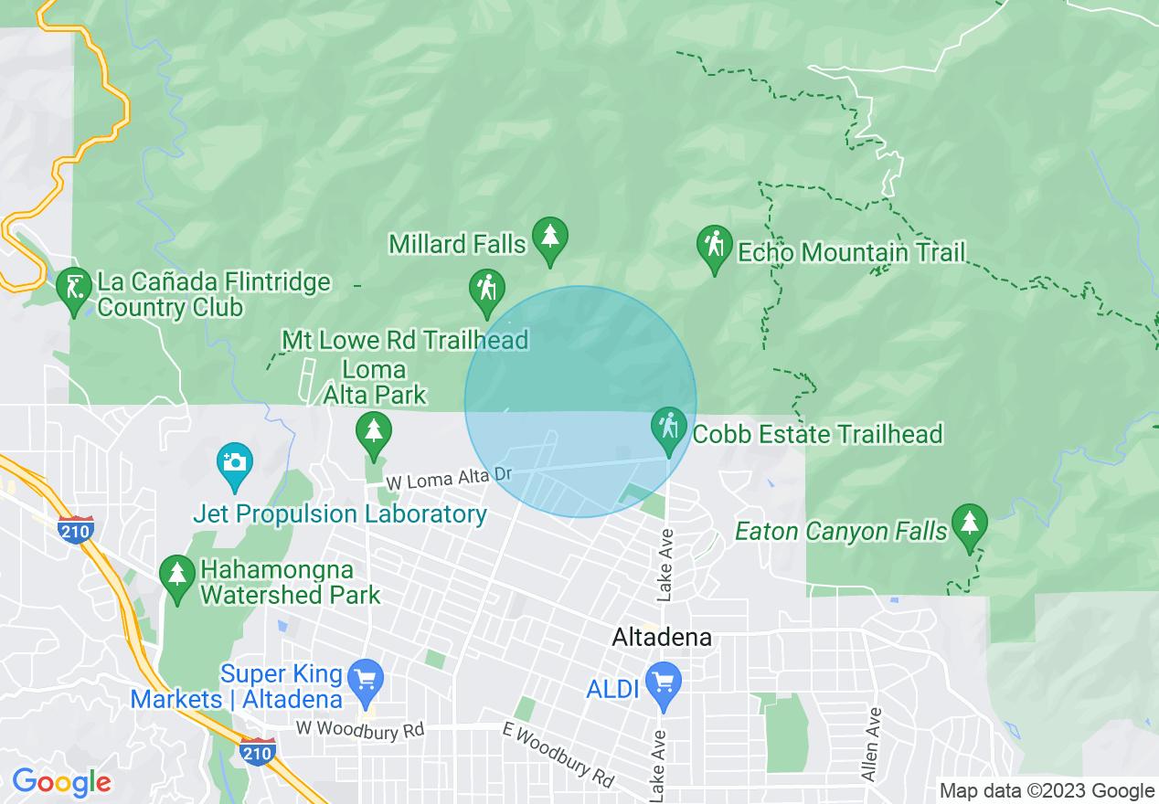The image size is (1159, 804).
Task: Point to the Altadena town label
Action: click(663, 638)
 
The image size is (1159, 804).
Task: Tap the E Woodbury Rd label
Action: click(558, 755)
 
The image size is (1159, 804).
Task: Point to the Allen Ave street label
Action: click(871, 744)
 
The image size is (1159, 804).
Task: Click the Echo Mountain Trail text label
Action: click(851, 253)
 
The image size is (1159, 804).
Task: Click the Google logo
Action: click(61, 783)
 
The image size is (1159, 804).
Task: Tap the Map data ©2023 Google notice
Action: click(1047, 791)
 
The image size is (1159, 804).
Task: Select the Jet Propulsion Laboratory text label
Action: click(340, 514)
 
